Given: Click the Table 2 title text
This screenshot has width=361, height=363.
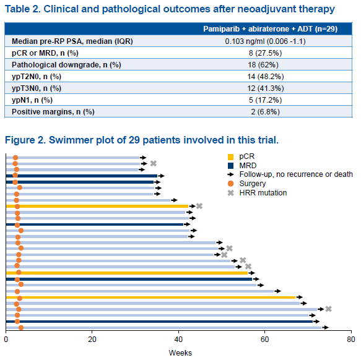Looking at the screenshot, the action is pos(170,9).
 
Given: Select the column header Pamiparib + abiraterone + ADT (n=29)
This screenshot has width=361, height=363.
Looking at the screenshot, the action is pos(271,29).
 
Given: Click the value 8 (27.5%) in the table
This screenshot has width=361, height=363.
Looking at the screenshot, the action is pos(265,53).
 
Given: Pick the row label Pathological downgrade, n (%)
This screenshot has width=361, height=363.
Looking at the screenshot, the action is pos(66,65).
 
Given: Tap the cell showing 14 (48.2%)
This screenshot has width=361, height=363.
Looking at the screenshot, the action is pos(266,77).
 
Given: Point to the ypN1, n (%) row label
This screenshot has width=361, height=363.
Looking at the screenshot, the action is pos(32,100).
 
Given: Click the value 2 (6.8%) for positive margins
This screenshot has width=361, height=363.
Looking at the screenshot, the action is pos(265,112).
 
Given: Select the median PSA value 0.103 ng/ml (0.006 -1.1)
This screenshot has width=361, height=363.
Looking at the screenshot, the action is pos(265,41).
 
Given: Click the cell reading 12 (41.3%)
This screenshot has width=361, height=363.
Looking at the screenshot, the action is pos(266,88).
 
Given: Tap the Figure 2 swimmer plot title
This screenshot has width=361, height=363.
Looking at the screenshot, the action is pos(142,140).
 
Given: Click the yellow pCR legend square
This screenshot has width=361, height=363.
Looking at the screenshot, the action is pos(230,157).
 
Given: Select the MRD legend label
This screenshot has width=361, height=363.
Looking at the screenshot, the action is pos(248,166).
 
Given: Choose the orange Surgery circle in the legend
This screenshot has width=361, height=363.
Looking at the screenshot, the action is pos(230,184).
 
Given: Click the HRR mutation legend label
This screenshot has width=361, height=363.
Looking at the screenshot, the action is pos(263,192).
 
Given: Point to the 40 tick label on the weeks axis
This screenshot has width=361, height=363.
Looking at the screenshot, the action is pos(178,340).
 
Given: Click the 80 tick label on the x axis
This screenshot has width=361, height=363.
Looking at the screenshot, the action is pos(351,340).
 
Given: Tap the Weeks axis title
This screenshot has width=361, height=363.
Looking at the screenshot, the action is pos(180,353).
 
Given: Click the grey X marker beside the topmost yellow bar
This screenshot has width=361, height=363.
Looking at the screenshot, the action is pos(199,206).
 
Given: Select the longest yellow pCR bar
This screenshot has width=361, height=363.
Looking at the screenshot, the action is pos(150,297).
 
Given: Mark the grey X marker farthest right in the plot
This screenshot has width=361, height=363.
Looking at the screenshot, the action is pos(328,309).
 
